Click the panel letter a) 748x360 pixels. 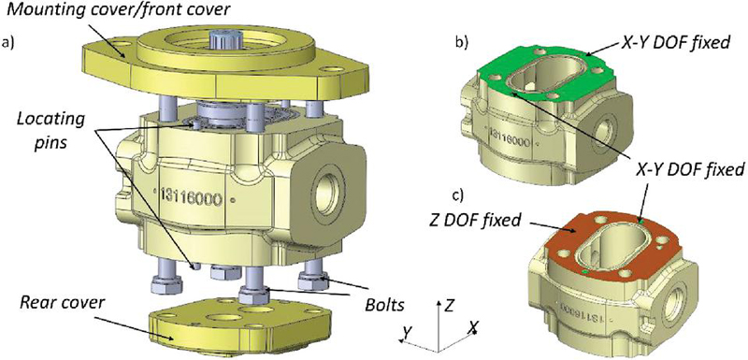7,43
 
